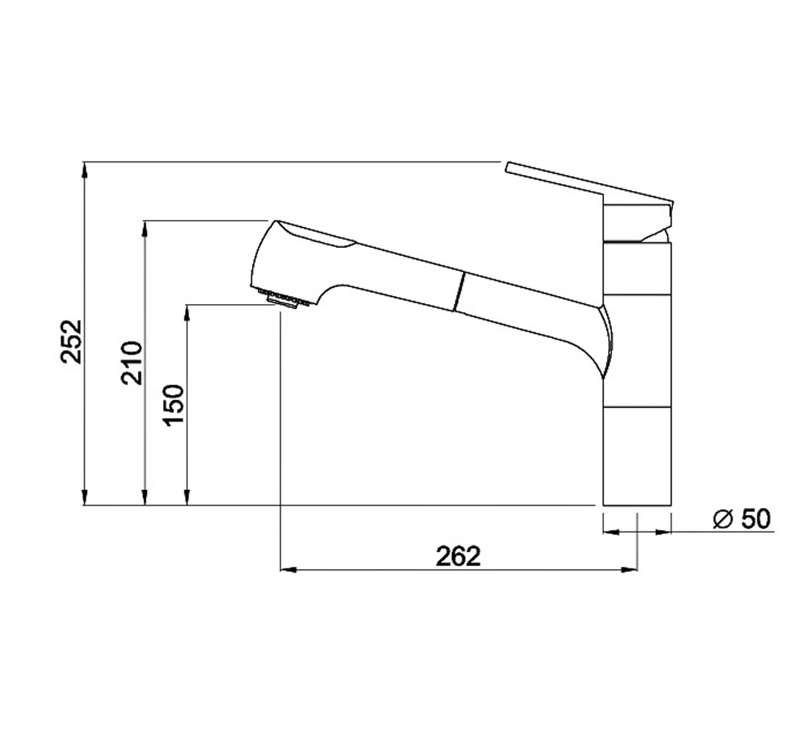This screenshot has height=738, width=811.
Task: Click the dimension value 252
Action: pos(71,342)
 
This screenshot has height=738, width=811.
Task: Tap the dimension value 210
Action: pos(131,362)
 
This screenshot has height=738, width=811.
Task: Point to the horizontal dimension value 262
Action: pos(459,556)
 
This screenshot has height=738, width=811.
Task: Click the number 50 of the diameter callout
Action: pos(755,518)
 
